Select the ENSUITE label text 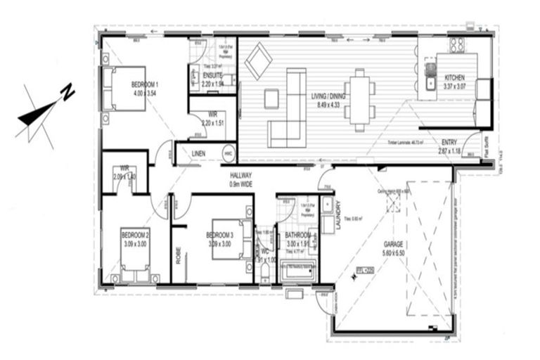(213, 75)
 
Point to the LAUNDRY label (338, 211)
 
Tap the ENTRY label (449, 142)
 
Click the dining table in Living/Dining (360, 100)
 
